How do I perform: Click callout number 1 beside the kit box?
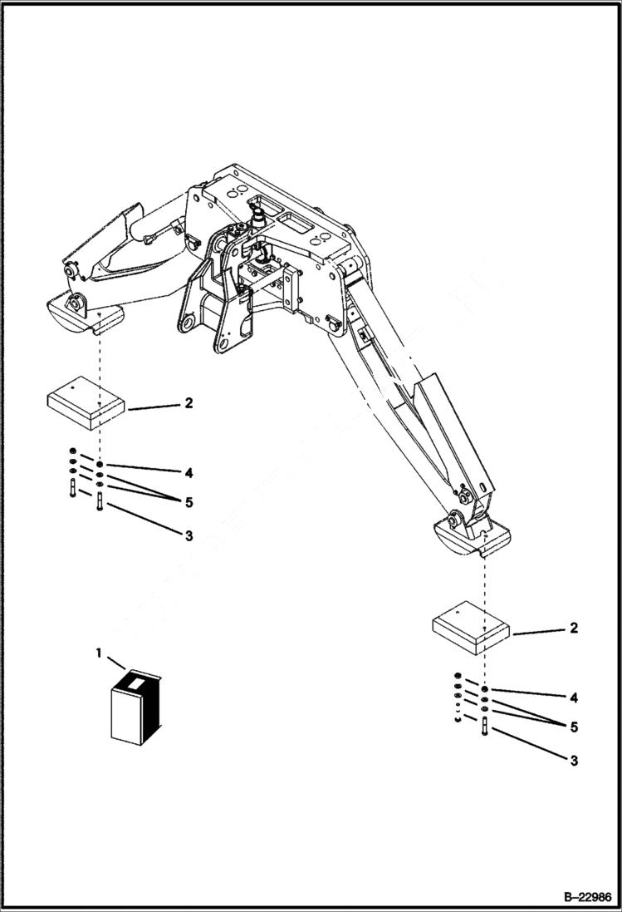(x=99, y=653)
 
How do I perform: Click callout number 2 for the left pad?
(x=189, y=403)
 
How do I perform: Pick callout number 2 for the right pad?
(x=573, y=628)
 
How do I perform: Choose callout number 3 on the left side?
(x=189, y=536)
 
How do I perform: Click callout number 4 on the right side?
(x=573, y=697)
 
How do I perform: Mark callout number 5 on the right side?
(x=573, y=727)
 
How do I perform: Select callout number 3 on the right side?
(x=573, y=760)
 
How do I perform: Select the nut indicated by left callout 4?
(x=100, y=465)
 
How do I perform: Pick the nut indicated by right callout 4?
(x=484, y=690)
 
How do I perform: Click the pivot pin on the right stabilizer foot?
(x=454, y=520)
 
